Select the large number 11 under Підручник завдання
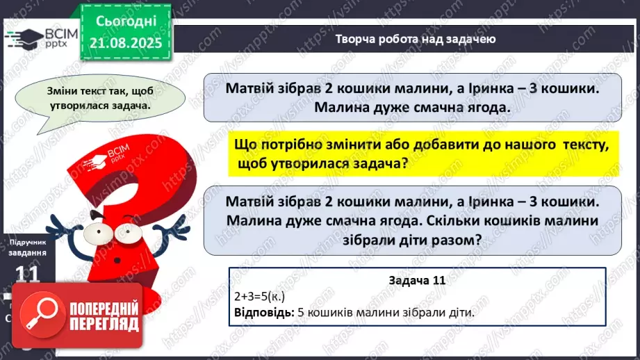pyautogui.click(x=26, y=274)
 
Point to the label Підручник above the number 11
pyautogui.click(x=26, y=241)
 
